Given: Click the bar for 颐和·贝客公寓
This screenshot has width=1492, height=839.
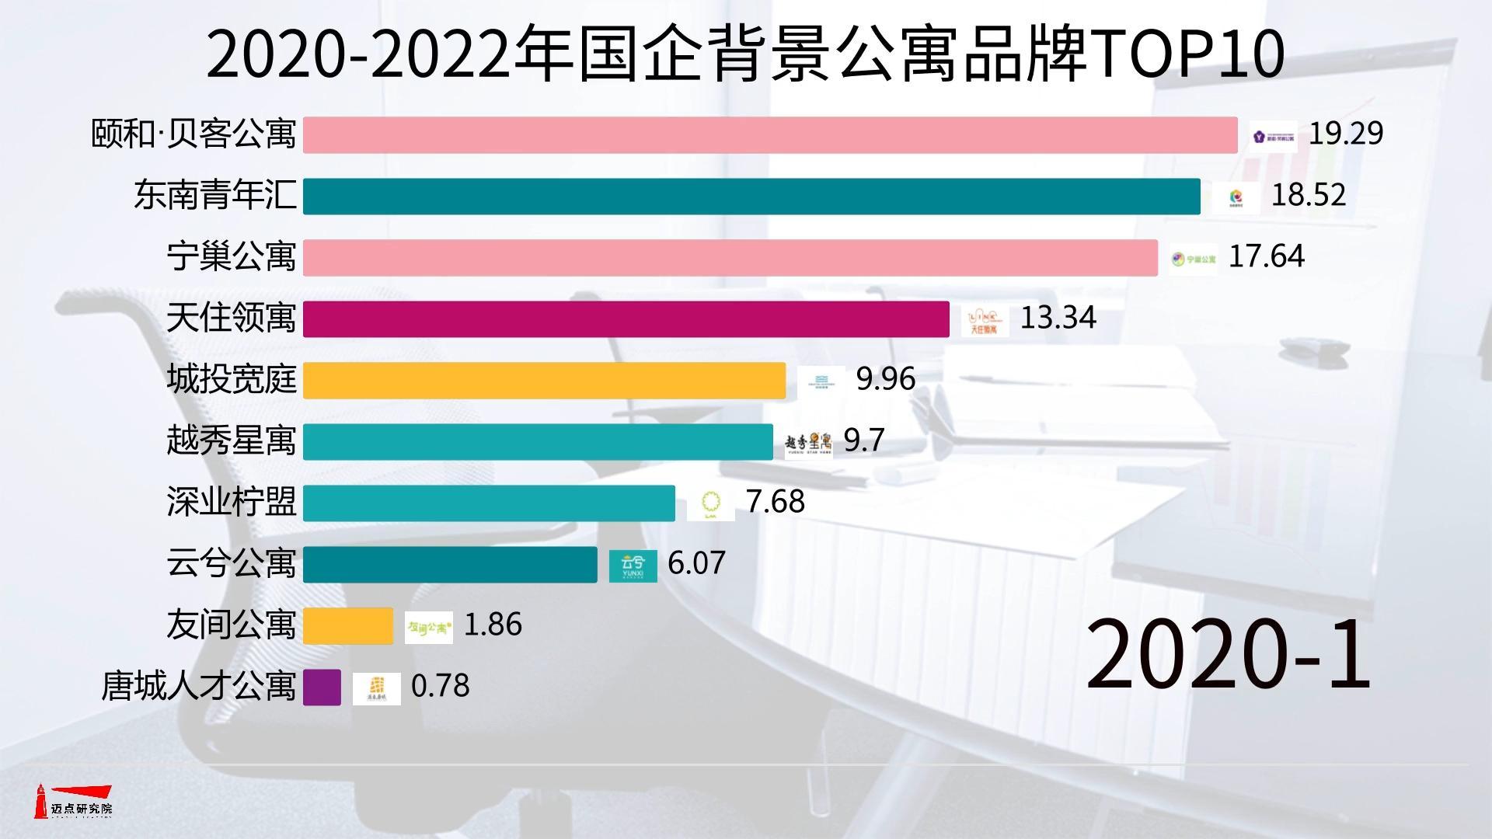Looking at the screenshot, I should [x=769, y=134].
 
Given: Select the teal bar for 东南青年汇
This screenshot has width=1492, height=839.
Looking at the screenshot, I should [x=751, y=196].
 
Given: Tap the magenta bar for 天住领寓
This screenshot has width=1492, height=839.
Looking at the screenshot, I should [x=626, y=319].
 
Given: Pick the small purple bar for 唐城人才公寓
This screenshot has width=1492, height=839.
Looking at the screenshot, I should [x=322, y=687].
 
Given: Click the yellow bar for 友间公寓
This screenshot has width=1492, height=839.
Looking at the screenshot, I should [x=348, y=625].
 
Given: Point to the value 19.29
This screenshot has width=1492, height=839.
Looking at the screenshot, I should [x=1346, y=134].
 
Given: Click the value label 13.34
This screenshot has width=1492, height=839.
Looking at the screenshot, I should [x=1058, y=318].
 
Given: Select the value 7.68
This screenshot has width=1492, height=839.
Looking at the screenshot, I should [x=775, y=502].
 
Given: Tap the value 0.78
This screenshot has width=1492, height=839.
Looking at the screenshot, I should [x=440, y=686].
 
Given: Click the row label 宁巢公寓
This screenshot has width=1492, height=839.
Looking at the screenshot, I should [x=232, y=257].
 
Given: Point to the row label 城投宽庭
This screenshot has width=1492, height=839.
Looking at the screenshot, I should [x=232, y=380].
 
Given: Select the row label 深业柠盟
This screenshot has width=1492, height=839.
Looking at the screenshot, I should [x=232, y=503].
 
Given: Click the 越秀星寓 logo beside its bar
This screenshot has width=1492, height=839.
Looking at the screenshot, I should [x=808, y=443].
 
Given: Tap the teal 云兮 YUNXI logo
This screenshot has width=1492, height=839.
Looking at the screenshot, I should [x=633, y=565].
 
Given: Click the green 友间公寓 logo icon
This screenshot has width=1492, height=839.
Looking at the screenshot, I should [x=429, y=626].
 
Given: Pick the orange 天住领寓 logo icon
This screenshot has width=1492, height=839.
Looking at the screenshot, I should [x=984, y=320].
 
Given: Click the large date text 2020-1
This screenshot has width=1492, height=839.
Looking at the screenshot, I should [x=1227, y=655].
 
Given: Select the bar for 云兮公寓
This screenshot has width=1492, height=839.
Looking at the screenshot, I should [x=449, y=564].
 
